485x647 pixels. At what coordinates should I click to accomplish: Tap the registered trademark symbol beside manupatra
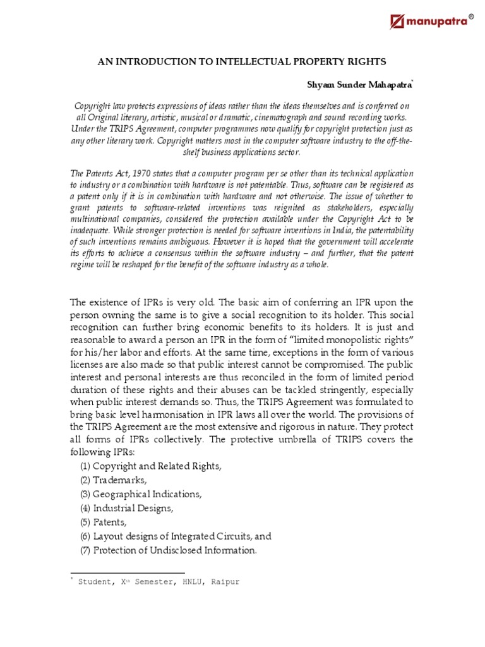pos(470,14)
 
